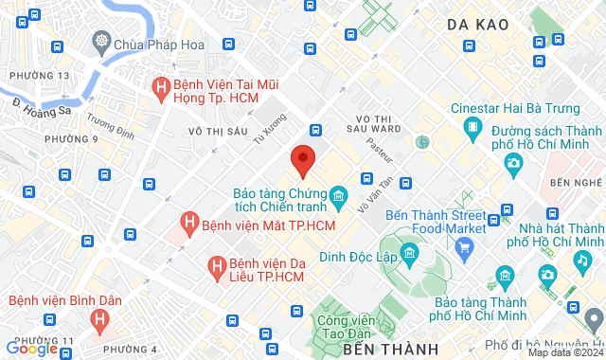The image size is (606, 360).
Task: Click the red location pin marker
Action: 302,160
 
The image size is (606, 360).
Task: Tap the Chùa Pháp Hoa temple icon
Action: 101,42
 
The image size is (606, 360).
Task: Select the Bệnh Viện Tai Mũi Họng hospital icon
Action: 161,89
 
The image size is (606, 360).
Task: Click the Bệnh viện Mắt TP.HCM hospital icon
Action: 190,225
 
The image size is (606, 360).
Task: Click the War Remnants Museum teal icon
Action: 338,199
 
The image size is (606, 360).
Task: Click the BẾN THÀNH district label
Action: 382,351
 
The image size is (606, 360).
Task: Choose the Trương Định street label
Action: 111,126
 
